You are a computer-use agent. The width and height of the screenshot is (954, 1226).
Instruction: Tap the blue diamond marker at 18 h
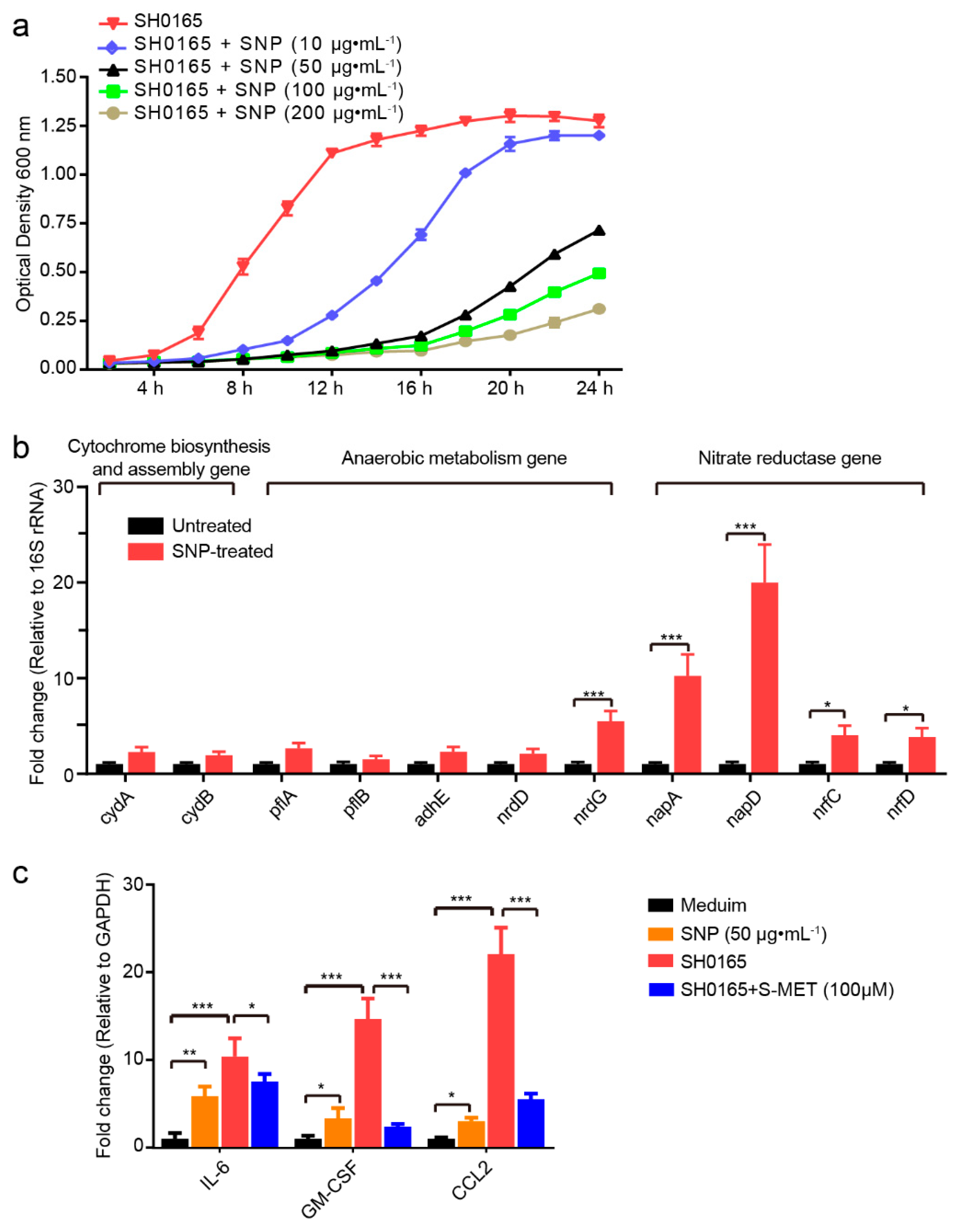click(x=465, y=173)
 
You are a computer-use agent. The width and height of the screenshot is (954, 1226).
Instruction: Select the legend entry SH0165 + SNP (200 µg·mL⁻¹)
click(x=268, y=113)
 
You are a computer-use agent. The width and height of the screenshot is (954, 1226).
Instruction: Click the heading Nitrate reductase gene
click(x=789, y=459)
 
